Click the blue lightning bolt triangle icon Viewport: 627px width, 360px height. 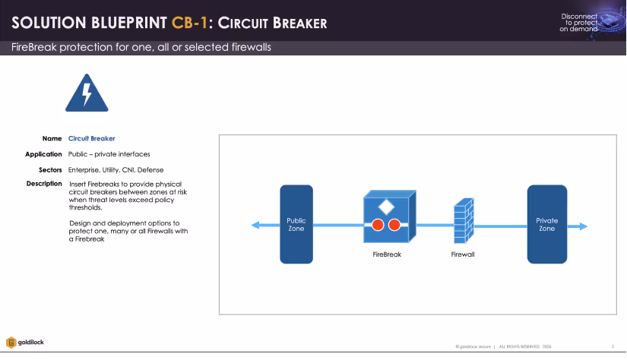pos(87,93)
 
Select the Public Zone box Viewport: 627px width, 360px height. pos(296,224)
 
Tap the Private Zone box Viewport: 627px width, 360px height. pos(546,224)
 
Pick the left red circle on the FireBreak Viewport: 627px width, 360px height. pos(378,225)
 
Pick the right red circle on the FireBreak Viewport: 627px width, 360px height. pos(394,225)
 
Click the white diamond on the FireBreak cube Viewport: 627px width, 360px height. pos(386,207)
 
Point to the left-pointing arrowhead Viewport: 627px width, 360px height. pos(255,225)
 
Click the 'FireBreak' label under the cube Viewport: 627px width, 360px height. pos(387,254)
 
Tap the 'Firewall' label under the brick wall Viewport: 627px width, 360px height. pos(463,254)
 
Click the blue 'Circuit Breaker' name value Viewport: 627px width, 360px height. pos(91,139)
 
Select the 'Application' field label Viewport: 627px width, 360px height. pos(43,154)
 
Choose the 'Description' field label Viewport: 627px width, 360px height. pos(44,184)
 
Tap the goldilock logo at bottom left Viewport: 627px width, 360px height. pos(25,343)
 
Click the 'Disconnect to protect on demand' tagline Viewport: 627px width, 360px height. pos(579,23)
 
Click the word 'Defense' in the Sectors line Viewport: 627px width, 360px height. pos(150,169)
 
